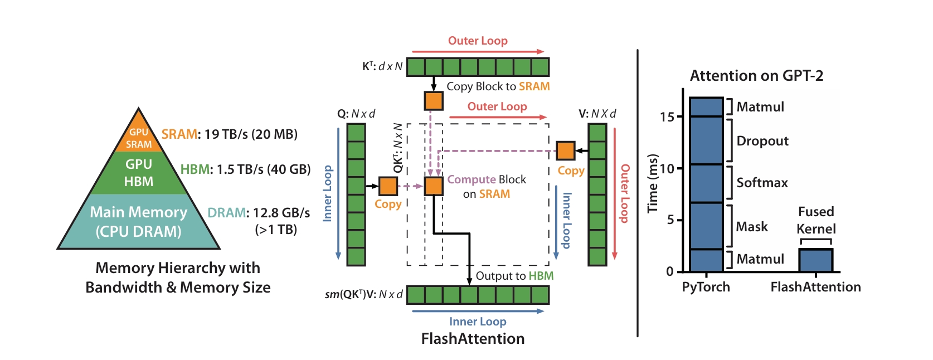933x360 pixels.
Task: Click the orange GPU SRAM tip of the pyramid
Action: [138, 137]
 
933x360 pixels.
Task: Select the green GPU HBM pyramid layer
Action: [139, 173]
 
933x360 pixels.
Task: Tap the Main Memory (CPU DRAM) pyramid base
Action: [139, 221]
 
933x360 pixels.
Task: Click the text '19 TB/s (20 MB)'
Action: [251, 134]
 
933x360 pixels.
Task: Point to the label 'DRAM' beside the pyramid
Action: [226, 213]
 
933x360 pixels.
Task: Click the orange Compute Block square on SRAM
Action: [434, 186]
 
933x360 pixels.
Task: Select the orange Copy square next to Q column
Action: [388, 186]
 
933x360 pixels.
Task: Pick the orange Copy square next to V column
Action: [565, 150]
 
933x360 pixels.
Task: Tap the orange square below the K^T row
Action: [434, 101]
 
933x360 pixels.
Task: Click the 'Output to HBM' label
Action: [514, 276]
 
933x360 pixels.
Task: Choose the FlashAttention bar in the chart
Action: [815, 260]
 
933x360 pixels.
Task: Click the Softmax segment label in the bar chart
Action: [762, 183]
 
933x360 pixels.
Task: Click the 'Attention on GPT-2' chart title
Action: [756, 76]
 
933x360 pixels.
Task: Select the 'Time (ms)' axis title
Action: [652, 183]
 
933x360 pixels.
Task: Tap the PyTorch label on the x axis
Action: [706, 287]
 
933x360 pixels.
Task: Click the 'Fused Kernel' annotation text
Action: [816, 220]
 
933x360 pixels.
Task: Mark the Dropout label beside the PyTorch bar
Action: [762, 141]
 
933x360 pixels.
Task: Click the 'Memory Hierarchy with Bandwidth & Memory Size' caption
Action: [178, 278]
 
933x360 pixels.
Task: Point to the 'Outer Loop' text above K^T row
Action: [478, 41]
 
